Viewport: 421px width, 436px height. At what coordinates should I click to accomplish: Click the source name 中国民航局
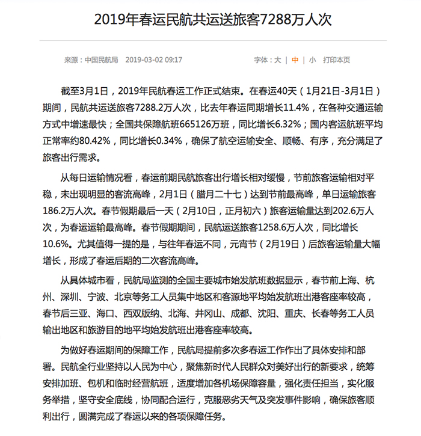101,60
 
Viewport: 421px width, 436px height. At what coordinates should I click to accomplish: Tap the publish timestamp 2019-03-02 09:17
154,60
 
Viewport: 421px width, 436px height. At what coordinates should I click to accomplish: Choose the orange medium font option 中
295,60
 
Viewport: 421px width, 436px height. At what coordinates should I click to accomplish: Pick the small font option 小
313,60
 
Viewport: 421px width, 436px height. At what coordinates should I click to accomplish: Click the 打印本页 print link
336,60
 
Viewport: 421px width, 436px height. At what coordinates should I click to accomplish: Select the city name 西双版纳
143,313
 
